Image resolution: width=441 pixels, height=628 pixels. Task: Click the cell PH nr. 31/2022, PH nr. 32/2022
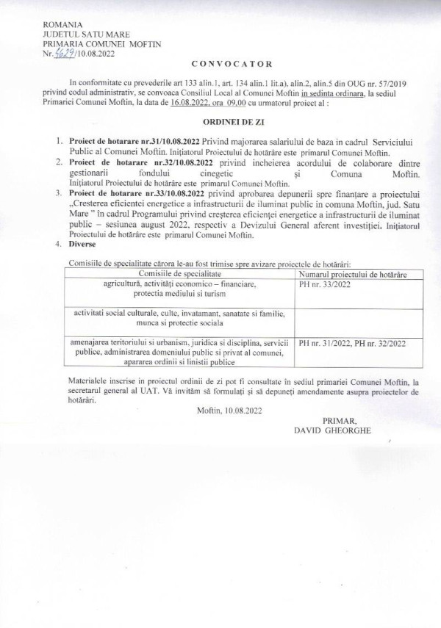click(x=352, y=343)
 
